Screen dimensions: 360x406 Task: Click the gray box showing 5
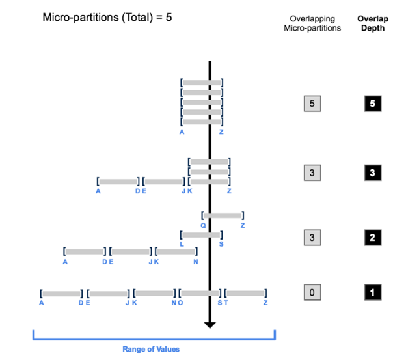pyautogui.click(x=312, y=104)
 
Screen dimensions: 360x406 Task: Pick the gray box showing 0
pyautogui.click(x=312, y=293)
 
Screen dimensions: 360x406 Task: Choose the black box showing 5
pyautogui.click(x=372, y=104)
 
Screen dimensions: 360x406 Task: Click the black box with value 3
pyautogui.click(x=372, y=173)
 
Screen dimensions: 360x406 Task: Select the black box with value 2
pyautogui.click(x=372, y=238)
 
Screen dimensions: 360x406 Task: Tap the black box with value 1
pyautogui.click(x=372, y=293)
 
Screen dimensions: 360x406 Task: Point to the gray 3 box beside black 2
pyautogui.click(x=312, y=238)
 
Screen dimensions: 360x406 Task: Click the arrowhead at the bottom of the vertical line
pyautogui.click(x=210, y=324)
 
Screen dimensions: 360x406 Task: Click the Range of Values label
pyautogui.click(x=151, y=349)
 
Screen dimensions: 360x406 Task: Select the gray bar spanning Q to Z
pyautogui.click(x=223, y=215)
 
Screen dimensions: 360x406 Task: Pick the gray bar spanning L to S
pyautogui.click(x=201, y=234)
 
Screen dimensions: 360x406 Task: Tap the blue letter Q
pyautogui.click(x=203, y=225)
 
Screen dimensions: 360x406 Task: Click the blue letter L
pyautogui.click(x=182, y=244)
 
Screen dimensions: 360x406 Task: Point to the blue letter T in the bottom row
pyautogui.click(x=226, y=303)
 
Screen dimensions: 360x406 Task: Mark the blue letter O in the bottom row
pyautogui.click(x=181, y=303)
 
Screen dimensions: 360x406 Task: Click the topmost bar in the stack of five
pyautogui.click(x=202, y=83)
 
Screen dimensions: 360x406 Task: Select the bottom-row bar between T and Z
pyautogui.click(x=245, y=294)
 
